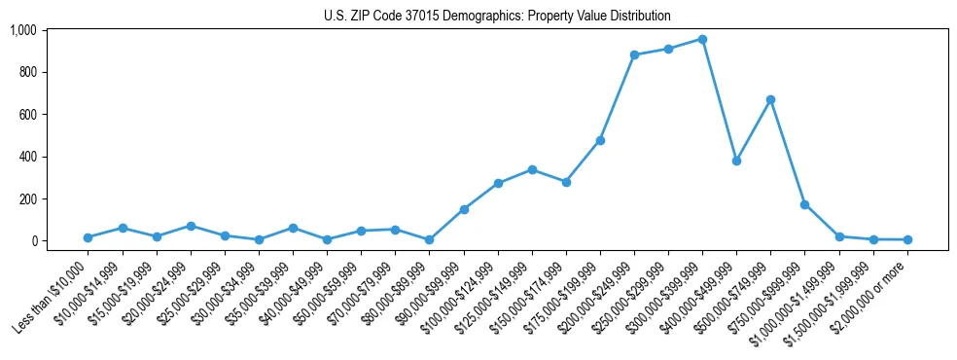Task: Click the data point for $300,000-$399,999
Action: [x=702, y=39]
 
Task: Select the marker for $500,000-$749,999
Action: [x=770, y=99]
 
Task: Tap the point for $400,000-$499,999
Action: [x=736, y=161]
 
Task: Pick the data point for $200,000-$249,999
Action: [x=634, y=54]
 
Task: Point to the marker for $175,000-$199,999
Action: [x=600, y=140]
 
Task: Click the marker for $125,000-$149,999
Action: [x=532, y=169]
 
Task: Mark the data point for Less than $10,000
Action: [x=89, y=237]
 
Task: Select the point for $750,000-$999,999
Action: [x=804, y=204]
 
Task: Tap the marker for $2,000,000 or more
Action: [x=907, y=239]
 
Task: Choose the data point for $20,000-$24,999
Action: [x=191, y=226]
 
